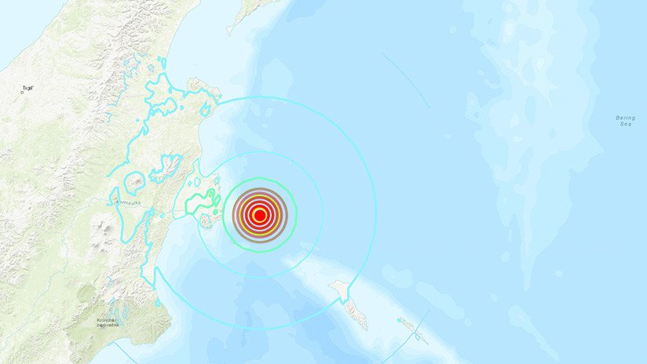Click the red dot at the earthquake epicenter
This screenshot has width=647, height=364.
click(x=259, y=214)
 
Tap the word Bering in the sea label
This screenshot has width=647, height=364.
click(x=626, y=118)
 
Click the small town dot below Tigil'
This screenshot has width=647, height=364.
click(x=22, y=93)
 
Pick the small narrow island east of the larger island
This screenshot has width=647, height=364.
click(x=411, y=327)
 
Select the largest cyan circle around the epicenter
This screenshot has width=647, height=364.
click(x=376, y=214)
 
